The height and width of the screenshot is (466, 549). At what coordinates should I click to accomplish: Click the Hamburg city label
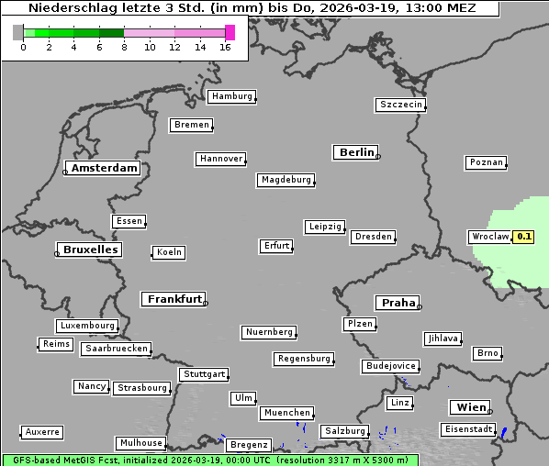pos(230,96)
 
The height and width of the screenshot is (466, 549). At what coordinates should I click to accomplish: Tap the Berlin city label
pos(356,152)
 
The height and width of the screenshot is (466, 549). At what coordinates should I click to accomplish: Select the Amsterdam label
pos(104,168)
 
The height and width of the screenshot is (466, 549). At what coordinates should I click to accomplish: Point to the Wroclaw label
pos(489,237)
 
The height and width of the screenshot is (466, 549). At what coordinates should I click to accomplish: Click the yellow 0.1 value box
pos(523,237)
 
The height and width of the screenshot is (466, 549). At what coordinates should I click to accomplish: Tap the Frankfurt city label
pos(174,299)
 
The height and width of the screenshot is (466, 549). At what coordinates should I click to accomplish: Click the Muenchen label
pos(286,414)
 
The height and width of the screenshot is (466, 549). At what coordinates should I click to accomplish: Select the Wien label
pos(470,407)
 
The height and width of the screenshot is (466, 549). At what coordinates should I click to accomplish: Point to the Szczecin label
pos(401,105)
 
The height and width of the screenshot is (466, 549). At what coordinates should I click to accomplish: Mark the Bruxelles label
pos(89,250)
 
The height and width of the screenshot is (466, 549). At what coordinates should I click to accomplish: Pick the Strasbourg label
pos(142,388)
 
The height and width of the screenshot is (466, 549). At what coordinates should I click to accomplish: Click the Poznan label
pos(486,162)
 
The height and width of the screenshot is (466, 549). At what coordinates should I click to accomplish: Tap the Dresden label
pos(374,237)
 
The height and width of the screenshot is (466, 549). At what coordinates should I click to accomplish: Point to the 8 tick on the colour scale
pos(124,47)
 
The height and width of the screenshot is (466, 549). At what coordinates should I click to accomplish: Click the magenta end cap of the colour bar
pos(230,32)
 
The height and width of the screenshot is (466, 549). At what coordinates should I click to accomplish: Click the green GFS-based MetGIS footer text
pos(209,460)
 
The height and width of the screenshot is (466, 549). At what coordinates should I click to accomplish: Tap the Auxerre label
pos(42,431)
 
